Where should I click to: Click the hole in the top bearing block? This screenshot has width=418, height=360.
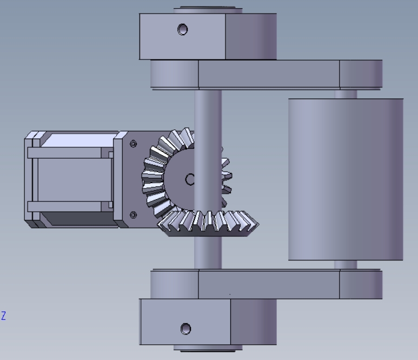[183, 29]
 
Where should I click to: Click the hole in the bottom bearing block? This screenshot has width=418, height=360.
[186, 329]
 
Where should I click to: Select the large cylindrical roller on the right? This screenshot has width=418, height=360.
[346, 179]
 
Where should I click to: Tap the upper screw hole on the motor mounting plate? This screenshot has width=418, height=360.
[134, 144]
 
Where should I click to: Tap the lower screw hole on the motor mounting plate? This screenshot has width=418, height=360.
[134, 215]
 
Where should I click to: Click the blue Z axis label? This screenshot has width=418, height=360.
[3, 316]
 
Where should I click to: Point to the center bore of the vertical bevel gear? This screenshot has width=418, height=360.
[190, 179]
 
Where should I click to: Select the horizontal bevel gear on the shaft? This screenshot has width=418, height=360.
[208, 224]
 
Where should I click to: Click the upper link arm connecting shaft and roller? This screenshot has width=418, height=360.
[266, 74]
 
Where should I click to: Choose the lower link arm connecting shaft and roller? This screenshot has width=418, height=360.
[266, 284]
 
